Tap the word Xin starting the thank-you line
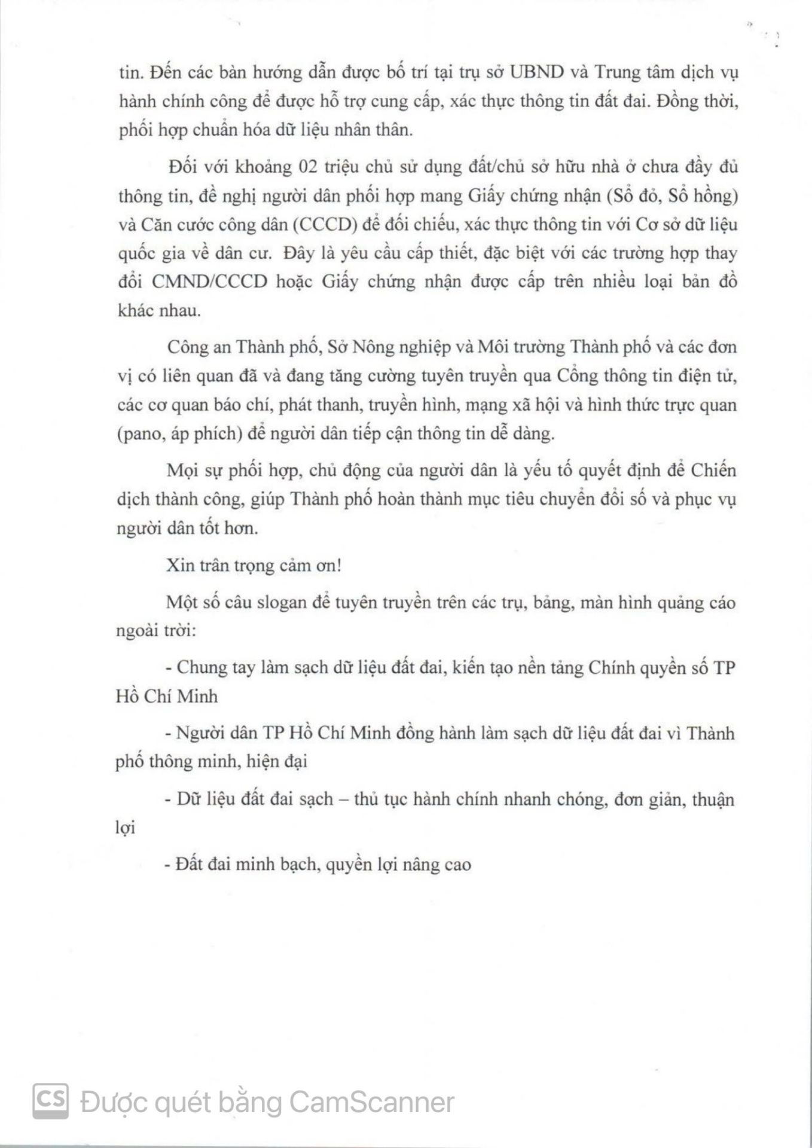coord(178,565)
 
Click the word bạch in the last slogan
coord(297,865)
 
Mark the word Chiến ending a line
coord(714,470)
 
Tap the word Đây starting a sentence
coord(298,253)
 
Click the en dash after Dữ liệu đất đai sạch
coord(343,799)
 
